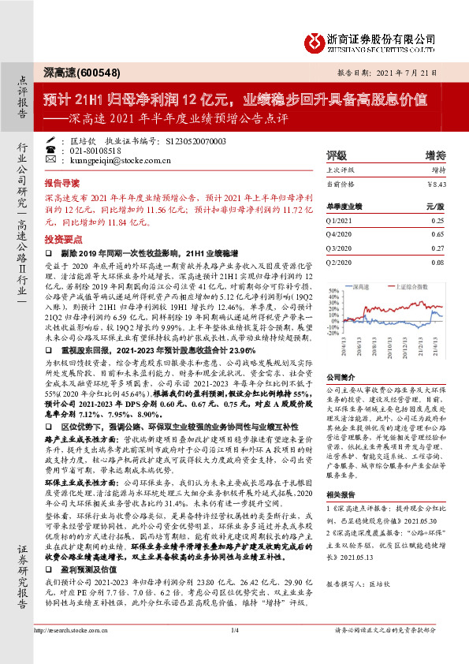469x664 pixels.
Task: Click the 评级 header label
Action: (x=337, y=155)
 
